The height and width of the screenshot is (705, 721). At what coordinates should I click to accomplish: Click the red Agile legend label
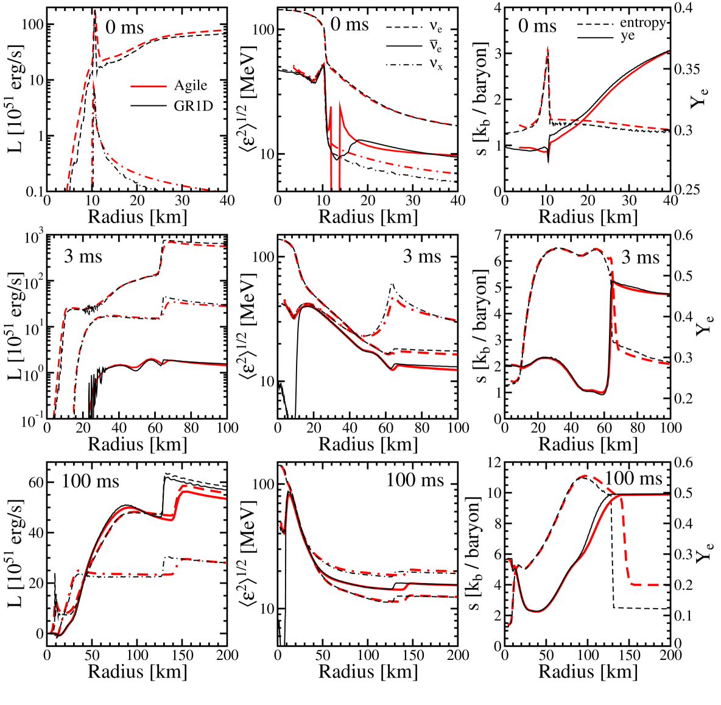pos(190,85)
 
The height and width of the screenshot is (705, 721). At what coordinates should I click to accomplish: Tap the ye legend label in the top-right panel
pos(627,36)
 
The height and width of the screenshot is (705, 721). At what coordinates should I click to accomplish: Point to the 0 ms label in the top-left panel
pos(124,27)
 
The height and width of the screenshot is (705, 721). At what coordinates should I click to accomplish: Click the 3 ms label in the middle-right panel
pos(640,257)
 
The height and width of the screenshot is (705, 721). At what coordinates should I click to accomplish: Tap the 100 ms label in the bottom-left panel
pos(91,482)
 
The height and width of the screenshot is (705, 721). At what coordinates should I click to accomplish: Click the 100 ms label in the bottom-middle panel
pos(415,480)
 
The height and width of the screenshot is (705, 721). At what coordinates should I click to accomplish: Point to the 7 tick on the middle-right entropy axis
pos(497,235)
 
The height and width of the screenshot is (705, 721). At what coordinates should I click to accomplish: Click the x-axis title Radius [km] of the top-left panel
pos(138,217)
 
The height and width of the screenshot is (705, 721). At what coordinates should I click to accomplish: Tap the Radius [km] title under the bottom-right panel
pos(588,671)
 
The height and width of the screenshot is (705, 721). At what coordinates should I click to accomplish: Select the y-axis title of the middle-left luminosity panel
pos(16,326)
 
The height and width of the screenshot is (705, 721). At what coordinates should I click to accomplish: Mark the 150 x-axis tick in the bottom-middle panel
pos(413,655)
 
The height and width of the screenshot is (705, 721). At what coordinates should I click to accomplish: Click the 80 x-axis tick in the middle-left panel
pos(191,427)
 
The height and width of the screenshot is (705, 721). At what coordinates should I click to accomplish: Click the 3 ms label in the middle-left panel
pos(83,257)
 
